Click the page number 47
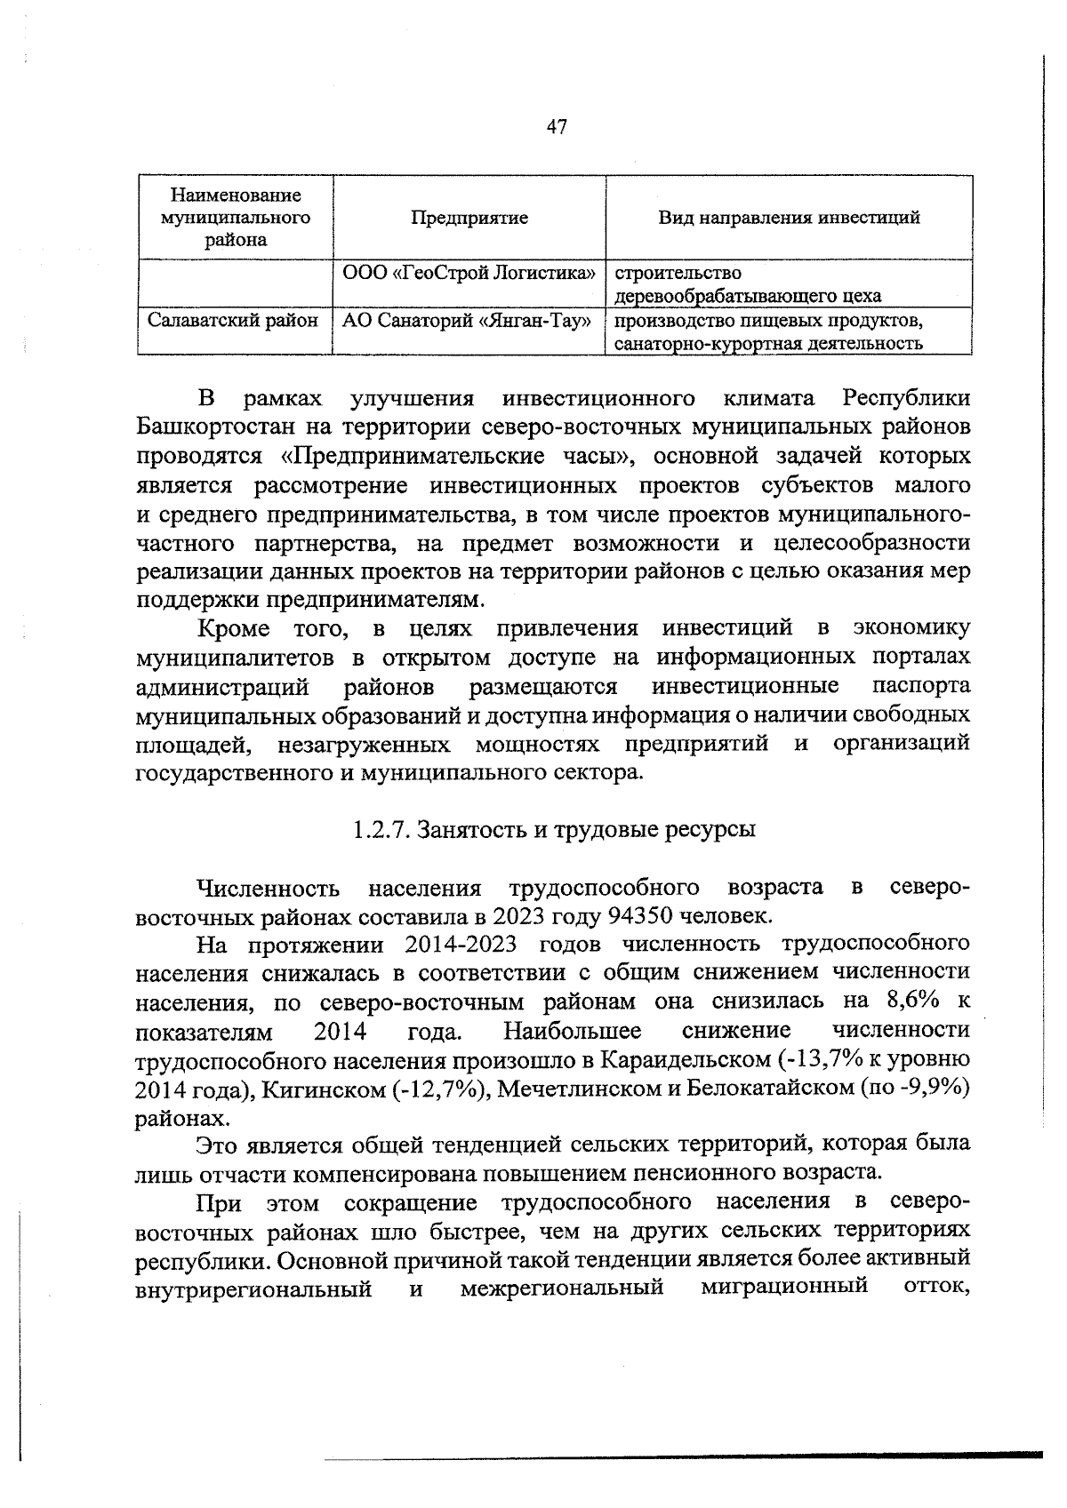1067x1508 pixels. pyautogui.click(x=557, y=127)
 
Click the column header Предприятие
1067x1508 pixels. pyautogui.click(x=469, y=218)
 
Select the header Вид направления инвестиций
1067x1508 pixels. pyautogui.click(x=789, y=218)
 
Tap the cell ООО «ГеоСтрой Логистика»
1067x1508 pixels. pyautogui.click(x=469, y=273)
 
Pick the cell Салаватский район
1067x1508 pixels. pyautogui.click(x=233, y=320)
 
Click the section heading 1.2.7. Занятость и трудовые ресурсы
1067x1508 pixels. pyautogui.click(x=553, y=830)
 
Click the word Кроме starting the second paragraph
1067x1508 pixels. pyautogui.click(x=234, y=629)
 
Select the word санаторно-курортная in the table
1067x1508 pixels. pyautogui.click(x=695, y=344)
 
